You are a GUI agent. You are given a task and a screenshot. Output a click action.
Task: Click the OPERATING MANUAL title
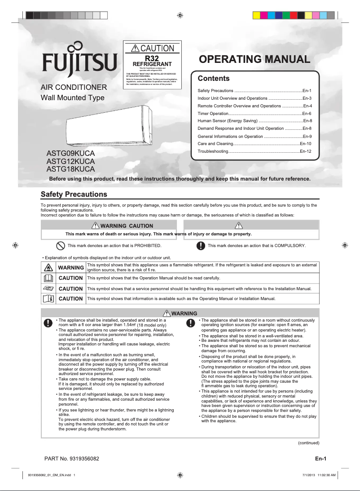[x=254, y=59]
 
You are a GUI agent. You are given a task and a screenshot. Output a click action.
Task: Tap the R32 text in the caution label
[x=152, y=58]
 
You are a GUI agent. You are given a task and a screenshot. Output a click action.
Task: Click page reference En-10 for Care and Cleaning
[x=306, y=144]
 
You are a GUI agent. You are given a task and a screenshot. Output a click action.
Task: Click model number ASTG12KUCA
[x=70, y=161]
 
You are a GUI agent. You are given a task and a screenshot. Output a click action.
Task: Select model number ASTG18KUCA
[x=70, y=169]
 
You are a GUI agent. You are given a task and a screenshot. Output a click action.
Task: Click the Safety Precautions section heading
[x=74, y=195]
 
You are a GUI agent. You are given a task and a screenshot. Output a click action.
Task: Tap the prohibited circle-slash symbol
[x=60, y=246]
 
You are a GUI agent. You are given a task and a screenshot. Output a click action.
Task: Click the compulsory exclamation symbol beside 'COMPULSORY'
[x=201, y=246]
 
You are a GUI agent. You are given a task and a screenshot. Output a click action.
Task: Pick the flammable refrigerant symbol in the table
[x=48, y=268]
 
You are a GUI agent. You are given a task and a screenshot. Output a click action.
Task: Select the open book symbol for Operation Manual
[x=48, y=278]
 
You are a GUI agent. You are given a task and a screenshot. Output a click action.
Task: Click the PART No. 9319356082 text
[x=72, y=459]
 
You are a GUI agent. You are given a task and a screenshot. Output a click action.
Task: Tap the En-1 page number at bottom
[x=320, y=459]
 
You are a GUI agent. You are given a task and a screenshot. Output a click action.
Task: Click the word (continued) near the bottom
[x=308, y=443]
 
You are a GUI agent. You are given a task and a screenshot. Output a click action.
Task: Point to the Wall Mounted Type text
[x=72, y=98]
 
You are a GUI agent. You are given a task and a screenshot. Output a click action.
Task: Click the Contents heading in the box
[x=214, y=79]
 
